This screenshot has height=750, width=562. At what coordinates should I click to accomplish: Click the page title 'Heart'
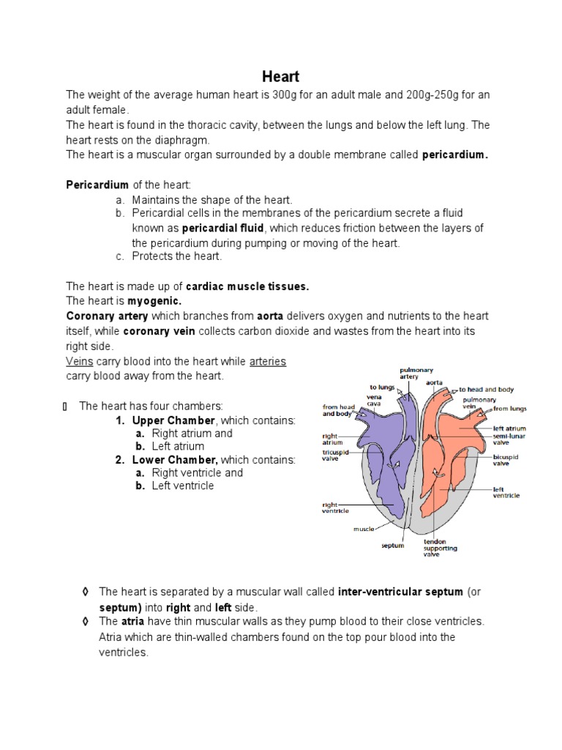pyautogui.click(x=281, y=76)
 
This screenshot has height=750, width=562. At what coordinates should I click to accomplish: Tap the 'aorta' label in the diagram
pyautogui.click(x=434, y=382)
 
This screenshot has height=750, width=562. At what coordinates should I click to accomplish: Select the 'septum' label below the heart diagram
pyautogui.click(x=392, y=545)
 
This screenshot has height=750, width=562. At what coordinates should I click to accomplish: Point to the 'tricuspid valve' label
pyautogui.click(x=335, y=455)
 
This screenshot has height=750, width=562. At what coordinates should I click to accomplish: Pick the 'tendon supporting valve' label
pyautogui.click(x=441, y=548)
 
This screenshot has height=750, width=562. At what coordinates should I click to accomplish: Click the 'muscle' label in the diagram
pyautogui.click(x=364, y=527)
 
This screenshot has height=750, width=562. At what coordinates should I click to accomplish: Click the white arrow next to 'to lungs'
pyautogui.click(x=401, y=393)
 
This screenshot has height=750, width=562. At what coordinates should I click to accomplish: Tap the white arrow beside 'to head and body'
pyautogui.click(x=452, y=390)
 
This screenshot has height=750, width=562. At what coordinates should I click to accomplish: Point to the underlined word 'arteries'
pyautogui.click(x=267, y=362)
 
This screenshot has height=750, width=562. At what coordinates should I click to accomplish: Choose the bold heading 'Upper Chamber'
pyautogui.click(x=173, y=420)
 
